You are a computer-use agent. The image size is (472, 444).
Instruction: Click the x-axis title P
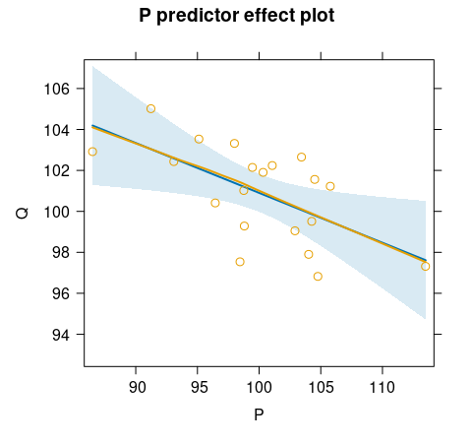click(x=259, y=414)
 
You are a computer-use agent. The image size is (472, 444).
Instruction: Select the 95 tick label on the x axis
click(x=198, y=384)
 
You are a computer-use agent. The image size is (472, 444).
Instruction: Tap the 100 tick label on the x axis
click(x=259, y=384)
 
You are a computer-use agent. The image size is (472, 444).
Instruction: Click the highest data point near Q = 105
click(x=150, y=108)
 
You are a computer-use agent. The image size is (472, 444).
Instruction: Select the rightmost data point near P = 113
click(x=426, y=266)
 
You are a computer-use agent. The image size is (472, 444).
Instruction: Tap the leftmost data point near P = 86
click(x=92, y=152)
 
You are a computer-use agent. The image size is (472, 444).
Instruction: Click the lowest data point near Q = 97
click(x=318, y=277)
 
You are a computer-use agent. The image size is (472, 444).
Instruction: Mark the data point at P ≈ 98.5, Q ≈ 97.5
click(x=240, y=262)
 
